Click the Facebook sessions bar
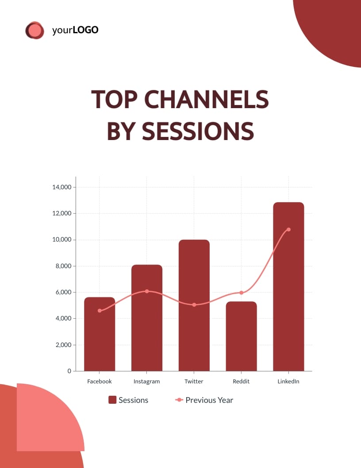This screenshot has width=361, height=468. click(100, 334)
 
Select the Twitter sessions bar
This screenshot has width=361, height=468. click(194, 305)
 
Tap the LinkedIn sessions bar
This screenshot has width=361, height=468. click(288, 287)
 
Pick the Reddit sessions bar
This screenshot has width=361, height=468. click(241, 336)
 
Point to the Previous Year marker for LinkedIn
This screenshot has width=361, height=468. click(288, 230)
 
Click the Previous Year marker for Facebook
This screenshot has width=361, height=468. click(100, 311)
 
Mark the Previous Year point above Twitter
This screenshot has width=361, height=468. click(194, 305)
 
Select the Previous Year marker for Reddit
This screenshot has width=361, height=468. click(241, 293)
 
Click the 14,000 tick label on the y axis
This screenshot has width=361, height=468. click(61, 187)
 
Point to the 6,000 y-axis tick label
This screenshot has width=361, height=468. click(63, 292)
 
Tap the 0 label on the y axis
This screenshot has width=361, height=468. click(69, 371)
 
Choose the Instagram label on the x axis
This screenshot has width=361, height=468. click(146, 382)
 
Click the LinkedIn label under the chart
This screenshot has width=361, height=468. click(288, 381)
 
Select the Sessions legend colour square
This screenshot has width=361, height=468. click(112, 400)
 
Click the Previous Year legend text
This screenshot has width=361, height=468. click(209, 400)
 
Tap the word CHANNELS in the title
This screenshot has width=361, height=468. click(207, 99)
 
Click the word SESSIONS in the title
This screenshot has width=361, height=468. click(198, 131)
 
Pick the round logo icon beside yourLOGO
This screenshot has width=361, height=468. click(35, 30)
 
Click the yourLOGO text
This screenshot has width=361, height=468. click(75, 30)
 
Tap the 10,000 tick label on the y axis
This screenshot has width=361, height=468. click(61, 240)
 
